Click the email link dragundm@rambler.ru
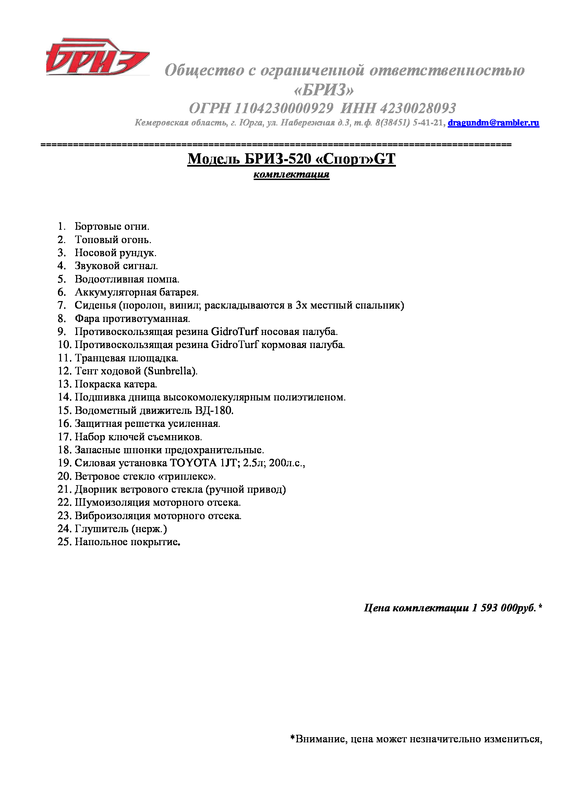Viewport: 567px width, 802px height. (493, 123)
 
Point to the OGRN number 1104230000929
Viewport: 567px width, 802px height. (283, 108)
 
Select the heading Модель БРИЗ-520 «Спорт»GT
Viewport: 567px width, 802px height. (291, 159)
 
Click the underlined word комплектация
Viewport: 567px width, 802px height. (291, 174)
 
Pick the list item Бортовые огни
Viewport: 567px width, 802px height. (112, 226)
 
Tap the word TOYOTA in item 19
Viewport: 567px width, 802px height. (193, 463)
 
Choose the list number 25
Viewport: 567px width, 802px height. (64, 542)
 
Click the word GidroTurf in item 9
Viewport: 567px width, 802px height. (234, 332)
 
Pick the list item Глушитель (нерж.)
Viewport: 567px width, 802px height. (121, 528)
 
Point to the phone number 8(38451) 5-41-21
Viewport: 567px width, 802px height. (411, 123)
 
